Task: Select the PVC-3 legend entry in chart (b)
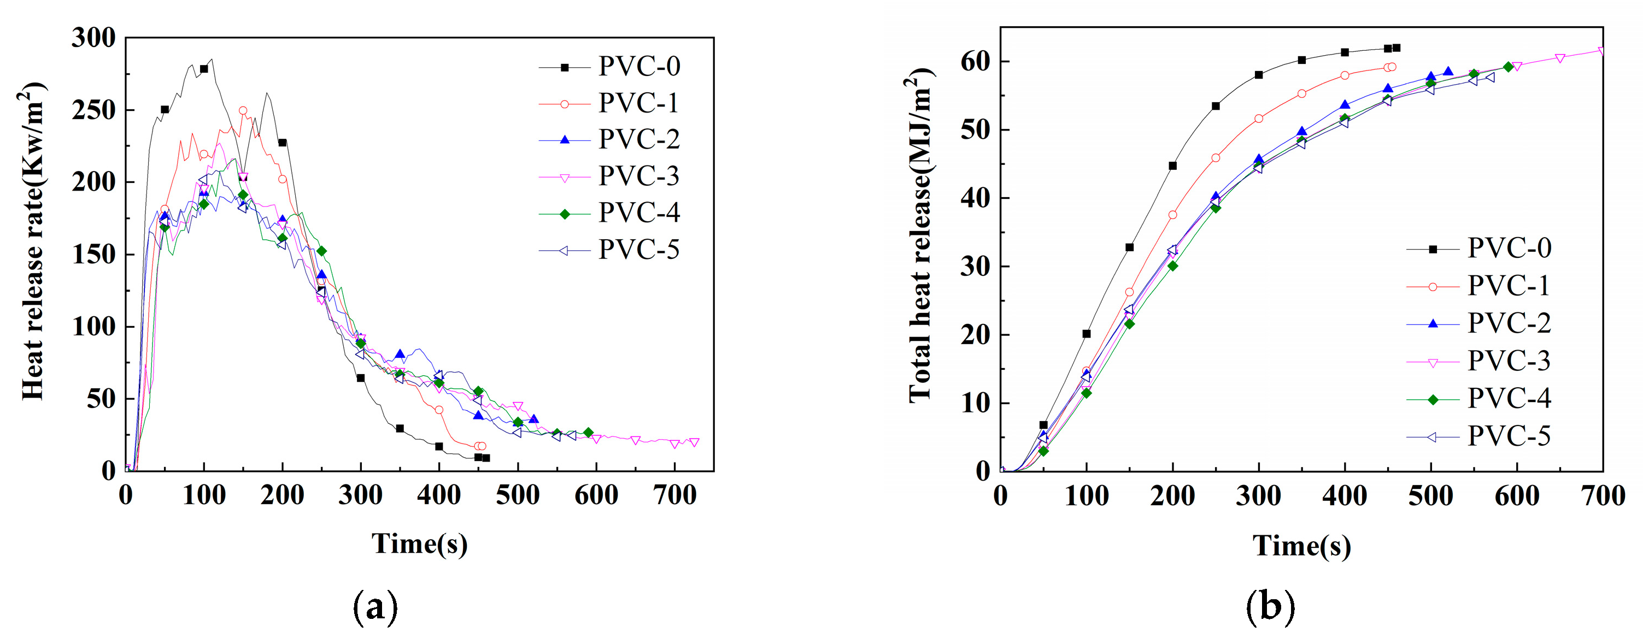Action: coord(1508,361)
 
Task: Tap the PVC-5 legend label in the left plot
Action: coord(638,250)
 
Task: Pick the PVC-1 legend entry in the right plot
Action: coord(1508,286)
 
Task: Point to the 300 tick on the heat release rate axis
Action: coord(94,38)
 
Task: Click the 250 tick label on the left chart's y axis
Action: coord(94,110)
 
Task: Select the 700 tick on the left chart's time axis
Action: coord(675,495)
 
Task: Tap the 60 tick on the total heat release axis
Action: coord(975,62)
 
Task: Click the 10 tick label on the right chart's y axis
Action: coord(975,403)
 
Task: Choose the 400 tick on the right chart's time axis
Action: coord(1345,497)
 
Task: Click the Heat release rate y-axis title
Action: coord(33,243)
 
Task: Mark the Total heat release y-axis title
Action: coord(919,236)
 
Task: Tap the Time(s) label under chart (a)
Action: coord(420,544)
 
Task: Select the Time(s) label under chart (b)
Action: coord(1301,546)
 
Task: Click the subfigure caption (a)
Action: coord(375,607)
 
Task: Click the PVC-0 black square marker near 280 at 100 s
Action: coord(204,69)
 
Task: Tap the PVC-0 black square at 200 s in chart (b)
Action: coord(1172,166)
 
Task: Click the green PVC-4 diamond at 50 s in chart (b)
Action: coord(1043,451)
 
